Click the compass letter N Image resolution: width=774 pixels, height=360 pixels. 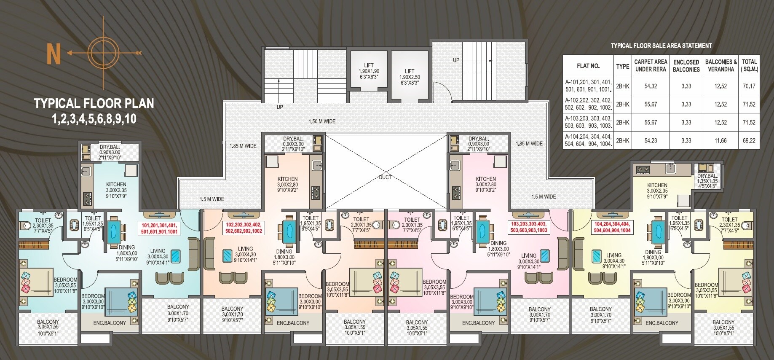tap(54, 54)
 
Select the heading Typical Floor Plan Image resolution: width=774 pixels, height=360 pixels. tap(94, 104)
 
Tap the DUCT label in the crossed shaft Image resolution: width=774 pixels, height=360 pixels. tap(385, 177)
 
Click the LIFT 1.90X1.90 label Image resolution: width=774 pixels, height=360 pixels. tap(369, 71)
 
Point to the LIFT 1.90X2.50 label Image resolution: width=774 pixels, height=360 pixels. tap(410, 77)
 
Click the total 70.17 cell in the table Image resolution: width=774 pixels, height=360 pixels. tap(749, 86)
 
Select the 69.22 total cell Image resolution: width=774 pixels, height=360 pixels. tap(749, 141)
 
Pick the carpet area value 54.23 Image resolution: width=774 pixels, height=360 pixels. tap(651, 141)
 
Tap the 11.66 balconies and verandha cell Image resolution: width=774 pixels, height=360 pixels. tap(720, 141)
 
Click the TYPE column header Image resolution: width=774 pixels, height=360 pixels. tap(622, 66)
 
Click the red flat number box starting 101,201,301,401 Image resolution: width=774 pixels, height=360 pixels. tap(159, 228)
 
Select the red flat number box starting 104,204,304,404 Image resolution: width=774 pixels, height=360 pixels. tap(612, 227)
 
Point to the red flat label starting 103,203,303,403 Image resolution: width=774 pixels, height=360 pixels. tap(529, 227)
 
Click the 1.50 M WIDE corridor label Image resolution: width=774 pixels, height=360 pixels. tap(322, 121)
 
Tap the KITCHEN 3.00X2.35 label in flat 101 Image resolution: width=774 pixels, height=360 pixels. tap(116, 190)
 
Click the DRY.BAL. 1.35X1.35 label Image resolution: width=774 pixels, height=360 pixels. tap(707, 181)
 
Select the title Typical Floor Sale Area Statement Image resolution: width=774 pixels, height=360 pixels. tap(661, 46)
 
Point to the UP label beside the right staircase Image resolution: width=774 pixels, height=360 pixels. tap(456, 60)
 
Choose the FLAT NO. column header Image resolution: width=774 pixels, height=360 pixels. tap(588, 66)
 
